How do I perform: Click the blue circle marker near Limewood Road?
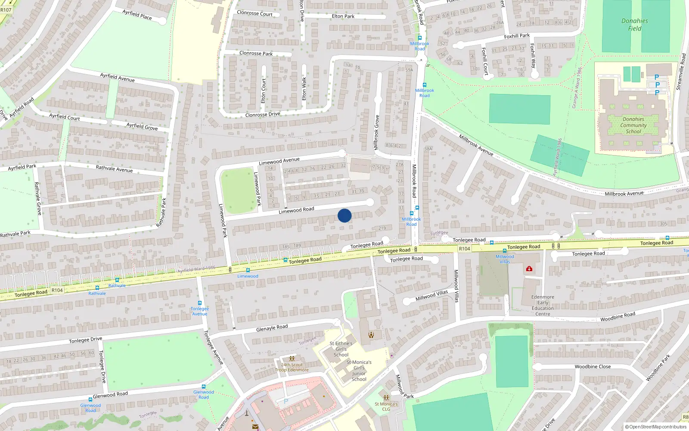pos(344,215)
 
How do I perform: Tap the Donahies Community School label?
pos(633,125)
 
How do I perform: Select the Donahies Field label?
pos(634,25)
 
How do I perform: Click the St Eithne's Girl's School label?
pos(341,349)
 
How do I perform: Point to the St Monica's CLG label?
pos(386,406)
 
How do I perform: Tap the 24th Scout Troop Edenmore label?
pos(292,367)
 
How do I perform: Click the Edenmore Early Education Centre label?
pos(543,305)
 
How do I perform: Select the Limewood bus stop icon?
pos(248,270)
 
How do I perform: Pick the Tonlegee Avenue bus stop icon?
pos(200,303)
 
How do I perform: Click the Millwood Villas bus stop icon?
pos(505,251)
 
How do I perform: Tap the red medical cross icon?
pos(529,269)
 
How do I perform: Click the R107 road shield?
pos(6,10)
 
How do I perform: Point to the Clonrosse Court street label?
pos(254,13)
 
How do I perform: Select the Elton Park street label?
pos(343,16)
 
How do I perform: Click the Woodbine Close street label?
pos(593,367)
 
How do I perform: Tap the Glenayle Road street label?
pos(272,328)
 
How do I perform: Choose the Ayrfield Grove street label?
pos(142,126)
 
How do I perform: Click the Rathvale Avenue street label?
pos(114,169)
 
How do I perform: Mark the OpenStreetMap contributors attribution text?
pos(656,427)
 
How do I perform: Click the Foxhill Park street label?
pos(517,36)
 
